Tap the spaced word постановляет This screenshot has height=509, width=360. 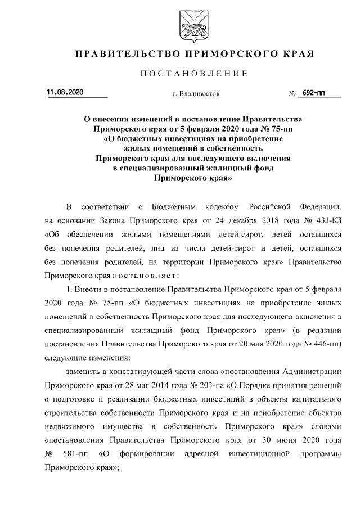click(147, 276)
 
